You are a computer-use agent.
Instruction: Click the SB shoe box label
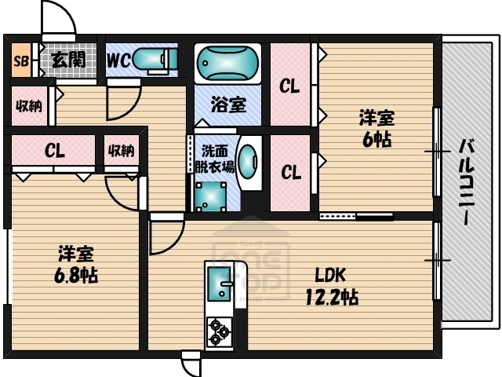(x=20, y=60)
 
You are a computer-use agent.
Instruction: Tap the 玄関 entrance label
(x=69, y=59)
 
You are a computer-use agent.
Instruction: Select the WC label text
(x=118, y=59)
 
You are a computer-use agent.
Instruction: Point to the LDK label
(x=330, y=276)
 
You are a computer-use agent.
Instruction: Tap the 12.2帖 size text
(x=331, y=298)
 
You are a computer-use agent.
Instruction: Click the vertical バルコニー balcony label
(x=467, y=182)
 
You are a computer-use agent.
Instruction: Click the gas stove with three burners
(x=220, y=331)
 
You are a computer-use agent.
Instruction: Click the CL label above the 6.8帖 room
(x=54, y=151)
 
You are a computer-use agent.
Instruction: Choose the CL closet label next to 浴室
(x=290, y=86)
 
